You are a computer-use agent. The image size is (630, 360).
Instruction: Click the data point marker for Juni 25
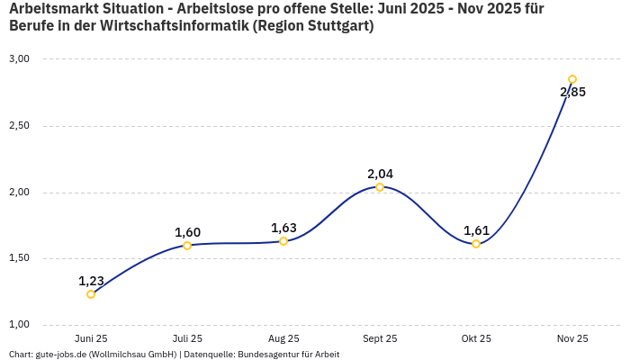[x=91, y=294]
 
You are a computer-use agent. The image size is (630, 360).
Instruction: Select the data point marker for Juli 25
[x=187, y=246]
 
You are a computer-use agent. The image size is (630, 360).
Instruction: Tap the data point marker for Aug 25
[x=283, y=241]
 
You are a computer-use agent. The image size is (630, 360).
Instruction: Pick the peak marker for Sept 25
[x=380, y=187]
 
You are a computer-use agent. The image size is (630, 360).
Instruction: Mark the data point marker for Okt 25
[x=476, y=244]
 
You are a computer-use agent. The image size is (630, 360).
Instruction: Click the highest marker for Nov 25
[x=572, y=79]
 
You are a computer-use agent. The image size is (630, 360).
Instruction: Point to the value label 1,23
[x=91, y=281]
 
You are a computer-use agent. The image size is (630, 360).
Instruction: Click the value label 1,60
[x=187, y=232]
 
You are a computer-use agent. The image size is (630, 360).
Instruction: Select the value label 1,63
[x=283, y=228]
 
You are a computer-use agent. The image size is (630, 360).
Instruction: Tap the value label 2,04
[x=380, y=174]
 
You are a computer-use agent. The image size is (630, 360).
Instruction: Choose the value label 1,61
[x=476, y=230]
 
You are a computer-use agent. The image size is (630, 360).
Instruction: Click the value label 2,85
[x=572, y=92]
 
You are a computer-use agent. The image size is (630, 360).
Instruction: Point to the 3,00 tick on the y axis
[x=19, y=59]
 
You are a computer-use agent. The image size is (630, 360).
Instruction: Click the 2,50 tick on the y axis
[x=19, y=126]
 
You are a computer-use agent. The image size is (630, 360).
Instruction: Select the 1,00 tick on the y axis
[x=19, y=324]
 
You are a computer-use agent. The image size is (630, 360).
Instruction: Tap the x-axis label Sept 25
[x=380, y=338]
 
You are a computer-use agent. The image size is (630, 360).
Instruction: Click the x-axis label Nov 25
[x=572, y=338]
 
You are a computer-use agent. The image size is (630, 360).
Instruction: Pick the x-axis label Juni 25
[x=91, y=338]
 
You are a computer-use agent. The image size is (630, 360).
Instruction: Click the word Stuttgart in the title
[x=335, y=26]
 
